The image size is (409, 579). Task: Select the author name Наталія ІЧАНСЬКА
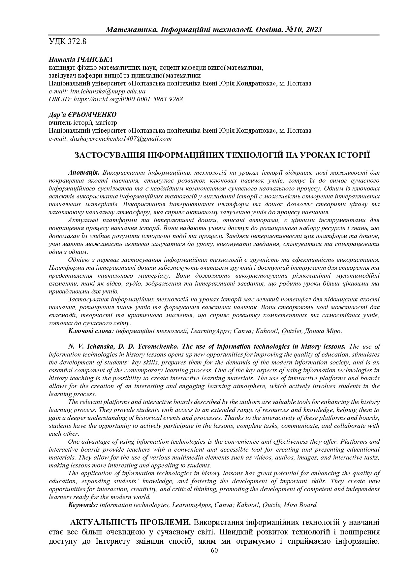[81, 60]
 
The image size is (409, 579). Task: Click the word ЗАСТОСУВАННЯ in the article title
[107, 155]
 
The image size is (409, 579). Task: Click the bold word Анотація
[84, 173]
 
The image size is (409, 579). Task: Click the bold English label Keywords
[83, 505]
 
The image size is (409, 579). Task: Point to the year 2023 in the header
[314, 30]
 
